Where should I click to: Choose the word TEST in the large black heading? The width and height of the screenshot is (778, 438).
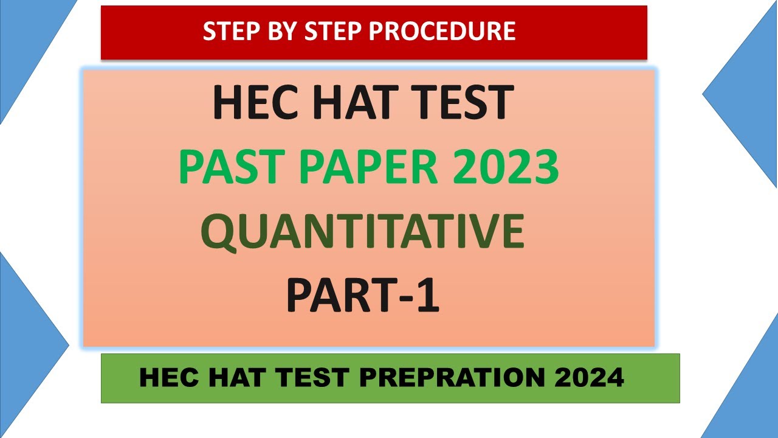click(461, 103)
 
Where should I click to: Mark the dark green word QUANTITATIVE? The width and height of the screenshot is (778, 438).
click(362, 232)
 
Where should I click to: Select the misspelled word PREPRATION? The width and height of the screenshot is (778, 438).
click(452, 378)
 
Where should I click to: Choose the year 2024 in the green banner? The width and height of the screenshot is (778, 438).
click(589, 378)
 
